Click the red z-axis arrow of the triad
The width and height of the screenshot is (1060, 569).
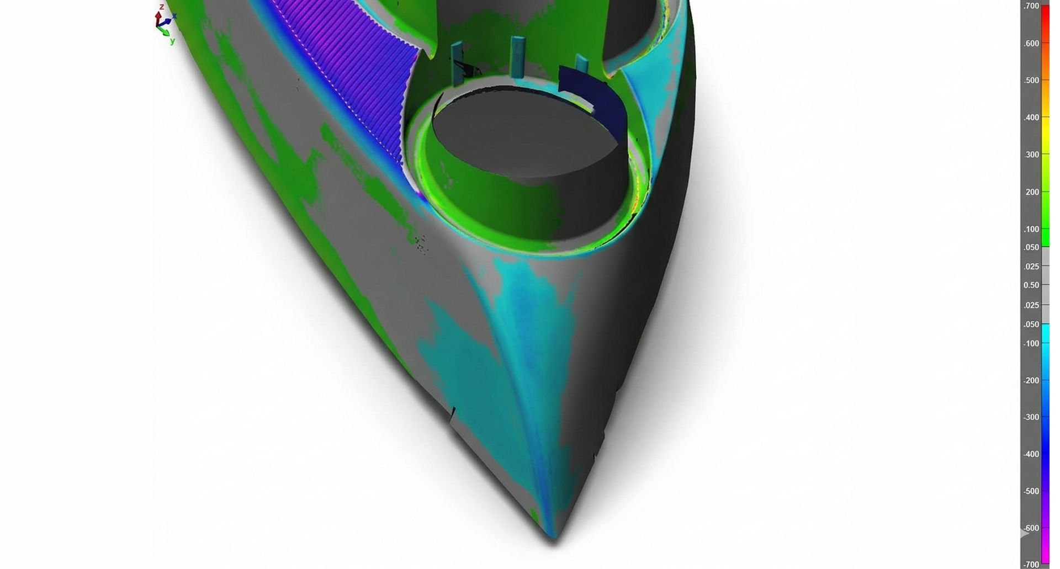[x=159, y=17]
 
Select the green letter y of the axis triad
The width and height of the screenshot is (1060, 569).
[x=172, y=41]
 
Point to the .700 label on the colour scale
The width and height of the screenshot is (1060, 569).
[x=1031, y=6]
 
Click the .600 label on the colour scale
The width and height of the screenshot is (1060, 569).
[x=1031, y=44]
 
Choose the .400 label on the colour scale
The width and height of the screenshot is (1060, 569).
[x=1031, y=118]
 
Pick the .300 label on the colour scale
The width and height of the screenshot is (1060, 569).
[x=1031, y=155]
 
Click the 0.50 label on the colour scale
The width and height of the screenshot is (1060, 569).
[x=1031, y=285]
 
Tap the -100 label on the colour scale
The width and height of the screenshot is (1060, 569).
[x=1031, y=343]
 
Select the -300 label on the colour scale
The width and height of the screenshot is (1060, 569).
[x=1031, y=417]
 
